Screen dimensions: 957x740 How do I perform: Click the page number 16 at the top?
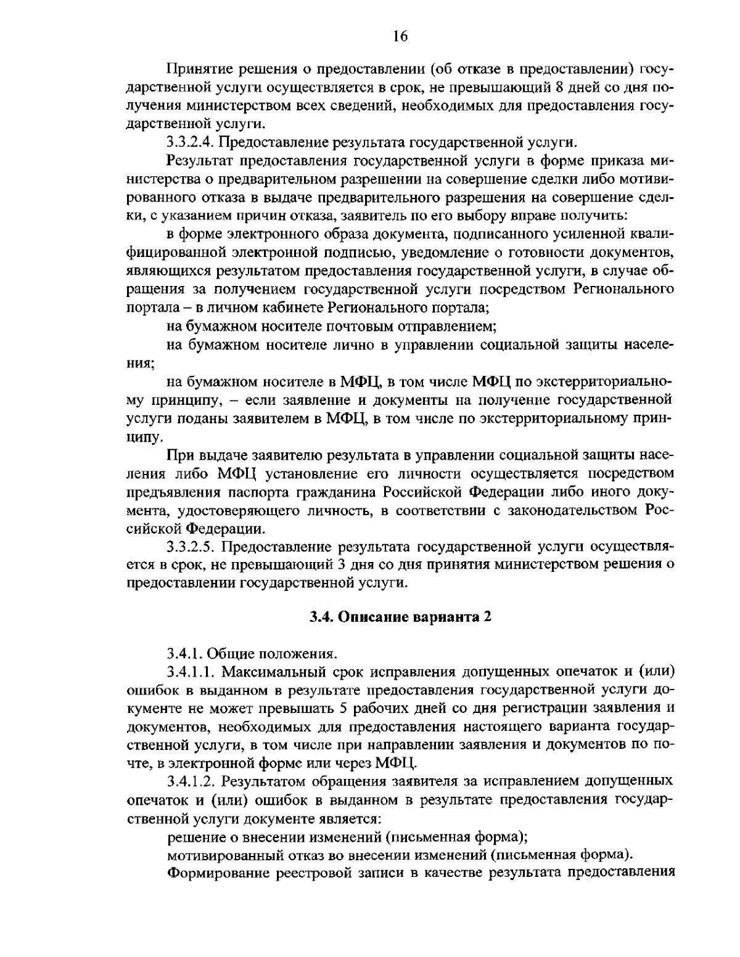[x=400, y=36]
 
